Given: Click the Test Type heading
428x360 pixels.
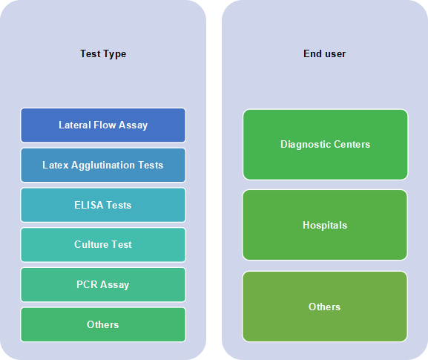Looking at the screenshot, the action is pos(103,53).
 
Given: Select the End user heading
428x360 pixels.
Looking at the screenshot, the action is pos(325,53).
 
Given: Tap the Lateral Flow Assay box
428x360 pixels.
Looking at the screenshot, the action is pos(103,125).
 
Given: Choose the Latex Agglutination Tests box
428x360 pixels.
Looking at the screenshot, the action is pos(103,165).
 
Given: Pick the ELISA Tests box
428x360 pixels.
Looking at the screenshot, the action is pos(103,205).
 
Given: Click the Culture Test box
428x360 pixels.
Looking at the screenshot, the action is pos(103,245).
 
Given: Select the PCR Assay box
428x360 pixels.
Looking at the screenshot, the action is pos(103,284).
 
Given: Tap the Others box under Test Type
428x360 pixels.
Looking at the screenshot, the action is pos(103,324).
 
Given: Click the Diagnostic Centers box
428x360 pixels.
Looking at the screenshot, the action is pos(326,145).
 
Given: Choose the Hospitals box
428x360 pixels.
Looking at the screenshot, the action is pos(325,225).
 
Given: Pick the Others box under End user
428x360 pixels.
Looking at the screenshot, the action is pos(325,307).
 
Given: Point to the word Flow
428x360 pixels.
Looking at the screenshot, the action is pos(105,125).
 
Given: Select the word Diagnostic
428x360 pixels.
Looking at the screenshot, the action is pos(306,145).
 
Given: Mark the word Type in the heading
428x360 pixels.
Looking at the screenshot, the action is pos(115,54).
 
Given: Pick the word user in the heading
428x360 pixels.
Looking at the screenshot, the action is pos(335,54).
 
